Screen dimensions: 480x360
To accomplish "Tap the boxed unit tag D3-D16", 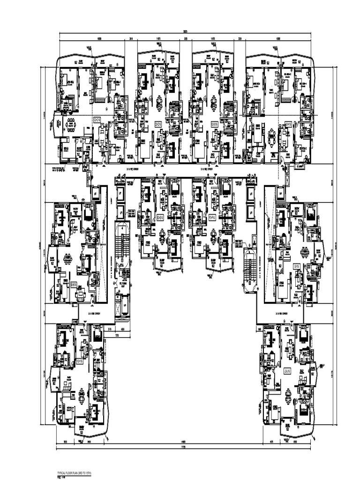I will click(x=74, y=284).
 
